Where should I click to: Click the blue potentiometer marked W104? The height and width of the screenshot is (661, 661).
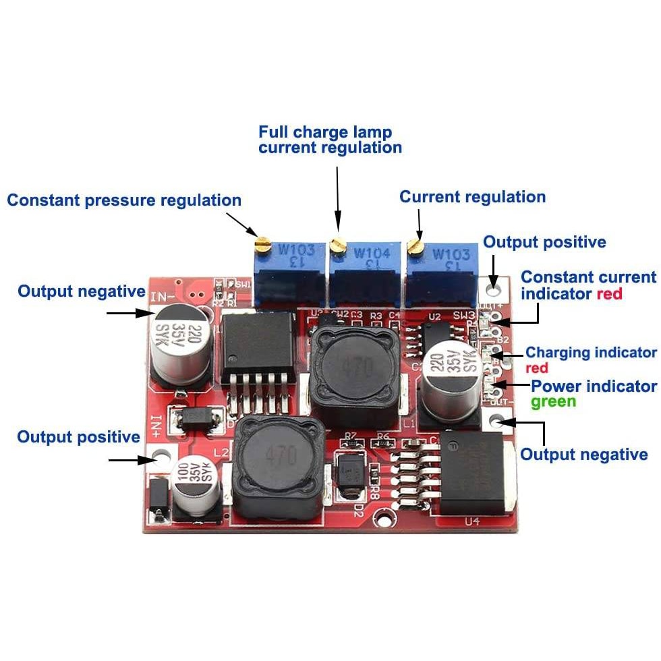[364, 270]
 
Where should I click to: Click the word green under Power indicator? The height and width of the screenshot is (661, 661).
[553, 402]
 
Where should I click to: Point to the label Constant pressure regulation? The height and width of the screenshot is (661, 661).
[124, 200]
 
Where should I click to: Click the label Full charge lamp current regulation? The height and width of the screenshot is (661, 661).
[330, 140]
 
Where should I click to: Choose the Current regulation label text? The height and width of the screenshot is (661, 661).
[472, 197]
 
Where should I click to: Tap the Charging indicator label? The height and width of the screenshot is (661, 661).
[591, 352]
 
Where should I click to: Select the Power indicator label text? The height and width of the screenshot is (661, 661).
[594, 386]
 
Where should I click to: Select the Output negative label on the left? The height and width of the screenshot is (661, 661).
[81, 291]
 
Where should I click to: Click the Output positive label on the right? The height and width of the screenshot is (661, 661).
[544, 242]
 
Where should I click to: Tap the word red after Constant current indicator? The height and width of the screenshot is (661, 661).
[609, 294]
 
